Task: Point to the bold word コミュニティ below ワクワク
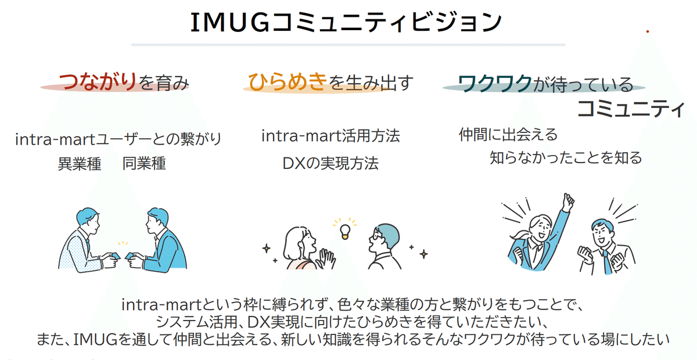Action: pos(630,109)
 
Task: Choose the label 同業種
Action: pos(144,164)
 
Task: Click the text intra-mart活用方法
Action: pos(330,137)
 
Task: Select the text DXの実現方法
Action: pos(330,164)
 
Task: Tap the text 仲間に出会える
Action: pos(508,135)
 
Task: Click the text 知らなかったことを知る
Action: pos(566,157)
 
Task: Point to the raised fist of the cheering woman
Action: pos(567,201)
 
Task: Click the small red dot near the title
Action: pos(648,31)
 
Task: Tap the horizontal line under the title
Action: pos(348,45)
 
